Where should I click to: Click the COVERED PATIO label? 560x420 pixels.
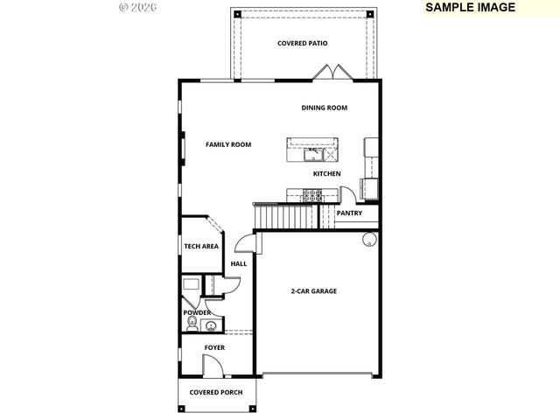tap(303, 43)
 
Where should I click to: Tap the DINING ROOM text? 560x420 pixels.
tap(325, 108)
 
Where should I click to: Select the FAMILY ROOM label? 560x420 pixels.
tap(228, 144)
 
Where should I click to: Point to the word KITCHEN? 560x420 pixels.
tap(327, 173)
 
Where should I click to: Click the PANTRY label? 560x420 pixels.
tap(349, 213)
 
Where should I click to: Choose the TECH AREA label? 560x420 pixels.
tap(201, 247)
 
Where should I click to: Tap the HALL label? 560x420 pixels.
tap(239, 263)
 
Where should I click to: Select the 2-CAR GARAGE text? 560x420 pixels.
tap(313, 291)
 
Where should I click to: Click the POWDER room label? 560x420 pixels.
tap(197, 312)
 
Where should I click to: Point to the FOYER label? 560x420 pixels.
tap(214, 347)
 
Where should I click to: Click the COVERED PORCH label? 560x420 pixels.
tap(216, 392)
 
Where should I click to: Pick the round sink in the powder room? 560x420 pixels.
tap(210, 326)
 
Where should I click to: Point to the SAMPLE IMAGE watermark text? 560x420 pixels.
tap(470, 7)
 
